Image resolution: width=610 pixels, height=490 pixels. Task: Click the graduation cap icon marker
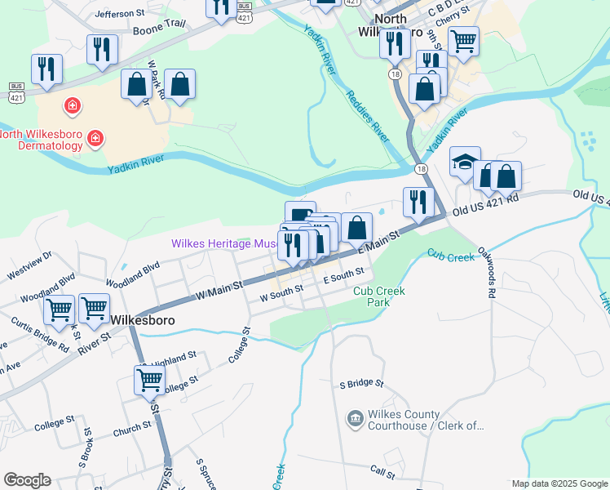tap(465, 162)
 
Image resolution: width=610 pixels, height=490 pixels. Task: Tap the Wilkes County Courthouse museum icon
tap(356, 420)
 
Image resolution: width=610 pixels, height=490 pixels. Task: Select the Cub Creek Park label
tap(379, 296)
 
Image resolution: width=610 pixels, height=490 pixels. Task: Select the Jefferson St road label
tap(119, 14)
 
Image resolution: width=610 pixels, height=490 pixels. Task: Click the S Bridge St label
tap(361, 383)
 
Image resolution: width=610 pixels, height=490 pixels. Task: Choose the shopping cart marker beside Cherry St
tap(463, 40)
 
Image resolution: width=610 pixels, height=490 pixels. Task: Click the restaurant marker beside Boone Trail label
tap(102, 48)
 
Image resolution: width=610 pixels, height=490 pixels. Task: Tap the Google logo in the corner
tap(27, 480)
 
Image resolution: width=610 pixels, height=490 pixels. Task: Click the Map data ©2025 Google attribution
tap(559, 483)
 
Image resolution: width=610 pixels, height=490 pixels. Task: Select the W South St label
tap(281, 288)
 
